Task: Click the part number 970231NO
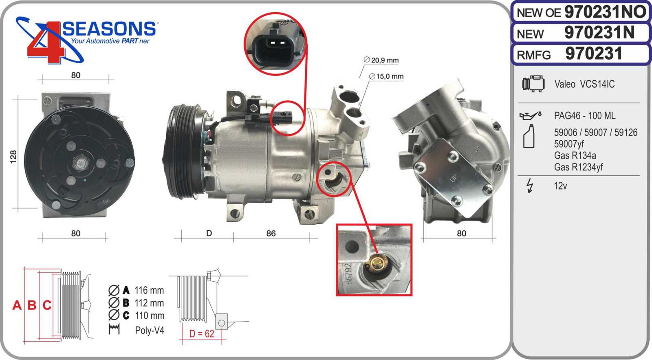605,12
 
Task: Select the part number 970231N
599,33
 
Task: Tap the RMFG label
534,55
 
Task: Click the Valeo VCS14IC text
584,84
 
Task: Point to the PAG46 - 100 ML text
584,116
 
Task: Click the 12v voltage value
560,186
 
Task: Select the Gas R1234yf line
578,167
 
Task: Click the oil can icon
530,116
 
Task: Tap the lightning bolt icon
530,186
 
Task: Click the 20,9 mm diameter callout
381,60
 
